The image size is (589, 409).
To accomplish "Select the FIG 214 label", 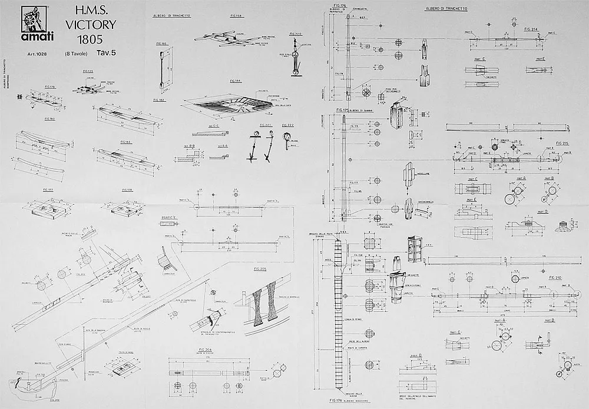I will [x=530, y=28].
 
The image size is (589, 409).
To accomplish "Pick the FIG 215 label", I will [x=562, y=143].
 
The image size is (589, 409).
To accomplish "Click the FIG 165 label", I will [x=161, y=43].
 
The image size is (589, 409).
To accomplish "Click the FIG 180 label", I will [x=49, y=119].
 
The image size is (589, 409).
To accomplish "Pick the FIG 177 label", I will [x=49, y=190].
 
